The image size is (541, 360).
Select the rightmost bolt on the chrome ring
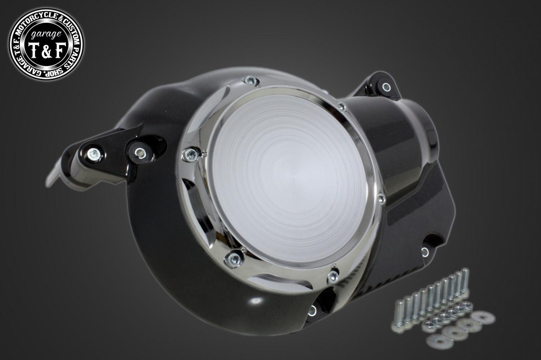coord(381,198)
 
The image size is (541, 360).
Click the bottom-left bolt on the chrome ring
coord(232,259)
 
